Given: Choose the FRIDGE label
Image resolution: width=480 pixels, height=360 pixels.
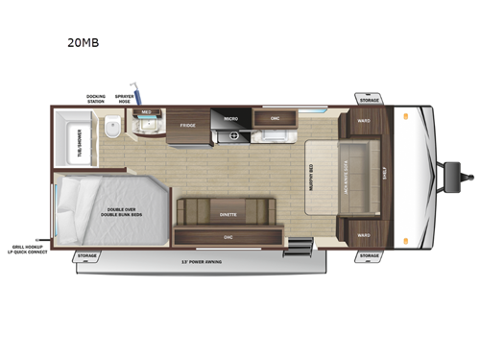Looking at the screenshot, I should (x=187, y=126).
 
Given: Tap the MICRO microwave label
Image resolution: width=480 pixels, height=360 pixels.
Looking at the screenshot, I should (x=230, y=118).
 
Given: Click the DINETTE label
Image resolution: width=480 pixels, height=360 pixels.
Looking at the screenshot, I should (x=228, y=215).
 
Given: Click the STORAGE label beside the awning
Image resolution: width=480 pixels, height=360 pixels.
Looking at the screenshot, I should (x=87, y=256).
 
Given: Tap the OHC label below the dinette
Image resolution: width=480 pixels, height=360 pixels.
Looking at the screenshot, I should (x=228, y=236).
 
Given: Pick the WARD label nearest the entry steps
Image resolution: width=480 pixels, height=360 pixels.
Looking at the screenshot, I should (x=364, y=234).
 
